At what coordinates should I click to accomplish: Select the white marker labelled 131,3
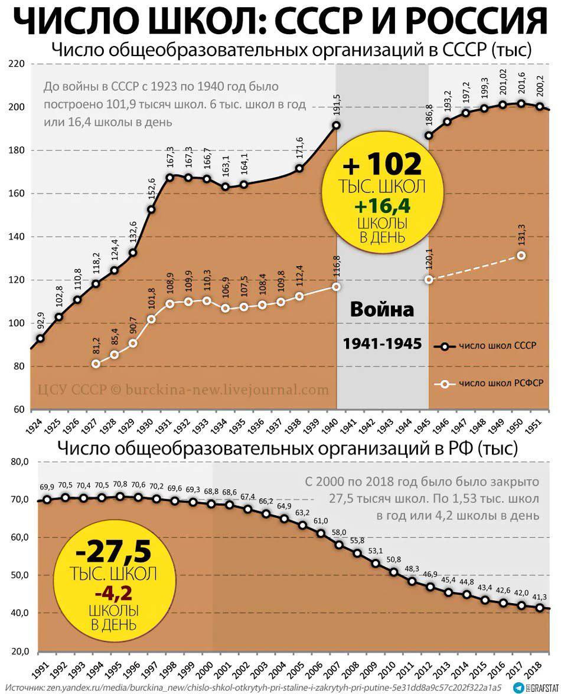(x=521, y=255)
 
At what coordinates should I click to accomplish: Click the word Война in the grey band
(x=382, y=310)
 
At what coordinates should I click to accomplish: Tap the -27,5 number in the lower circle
(x=114, y=551)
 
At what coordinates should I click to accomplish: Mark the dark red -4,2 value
(x=114, y=592)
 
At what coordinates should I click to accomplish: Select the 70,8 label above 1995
(x=120, y=485)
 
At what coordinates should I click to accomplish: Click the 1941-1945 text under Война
(x=382, y=343)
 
